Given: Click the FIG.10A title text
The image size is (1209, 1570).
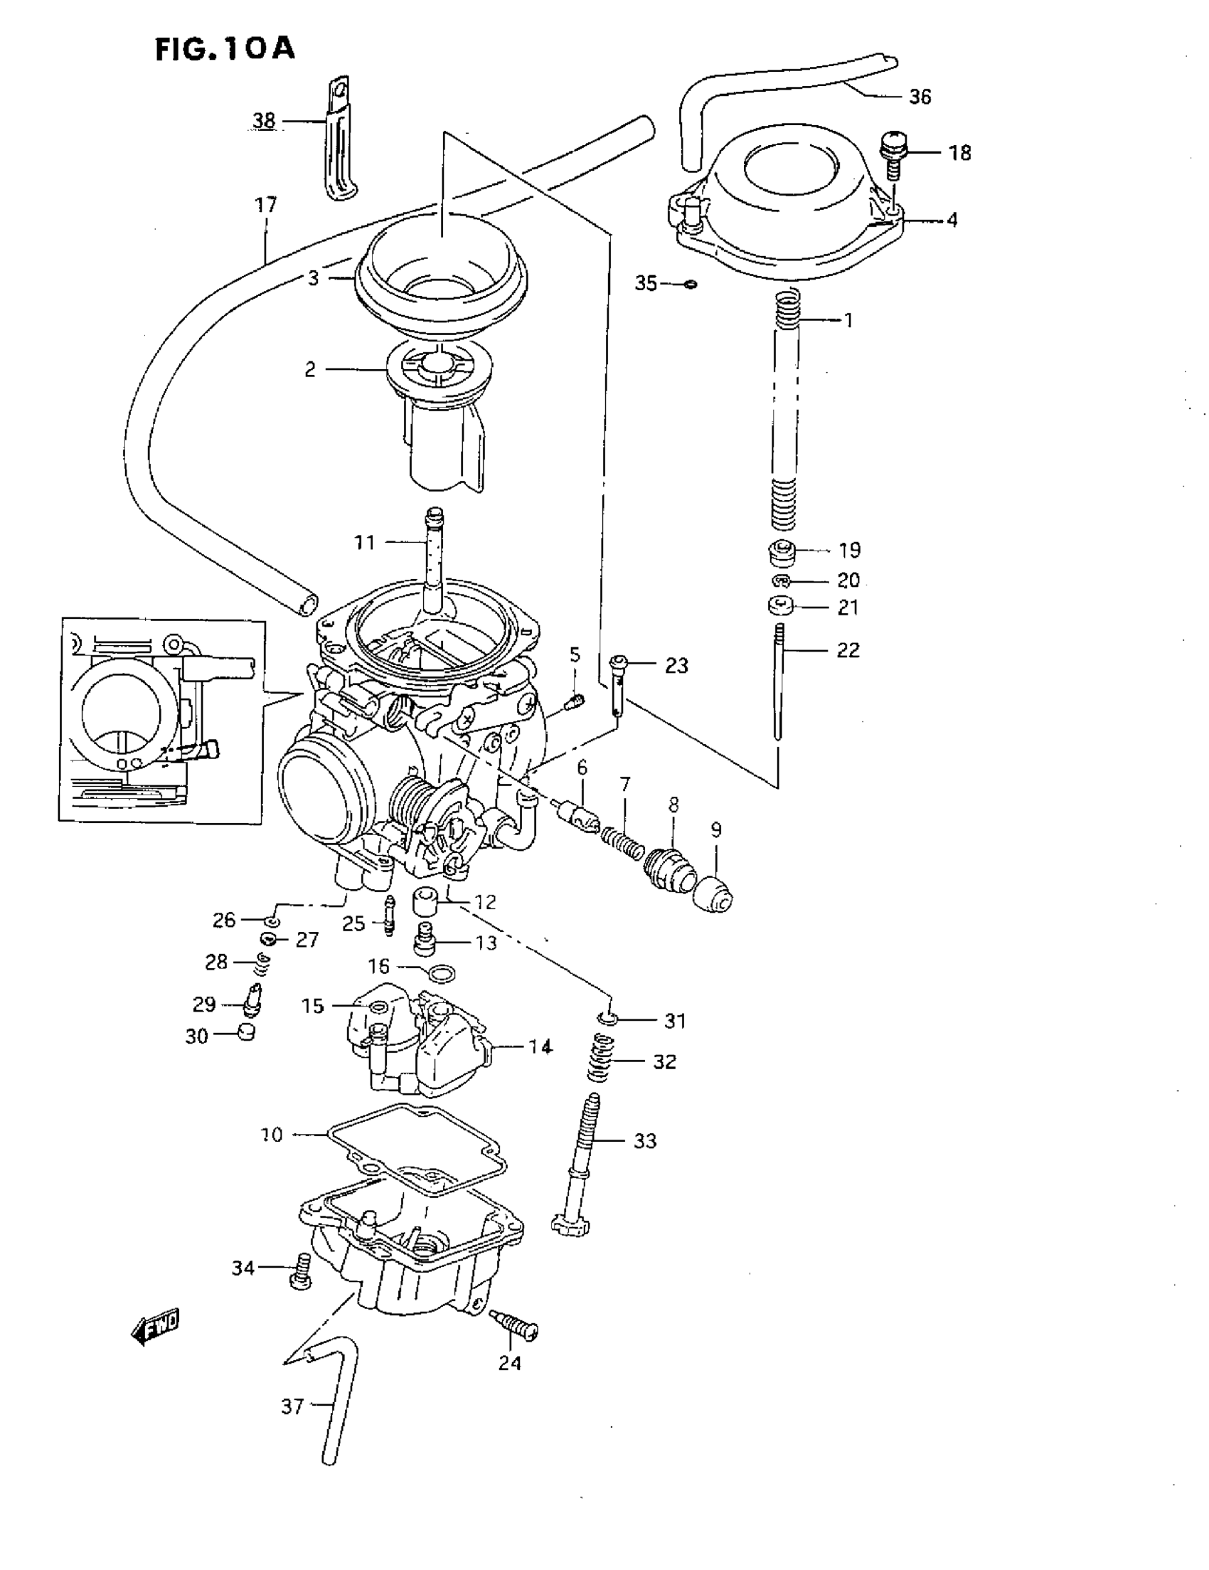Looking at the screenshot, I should (225, 49).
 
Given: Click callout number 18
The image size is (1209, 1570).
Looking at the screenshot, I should (959, 153).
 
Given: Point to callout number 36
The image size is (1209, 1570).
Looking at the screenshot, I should (920, 97).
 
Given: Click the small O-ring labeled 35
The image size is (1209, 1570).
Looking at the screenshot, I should (691, 284).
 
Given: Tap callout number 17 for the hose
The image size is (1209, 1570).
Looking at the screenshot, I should (266, 206).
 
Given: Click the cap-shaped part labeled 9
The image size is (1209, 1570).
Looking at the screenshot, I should (713, 893).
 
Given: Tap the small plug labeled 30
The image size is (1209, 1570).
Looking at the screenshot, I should (246, 1033).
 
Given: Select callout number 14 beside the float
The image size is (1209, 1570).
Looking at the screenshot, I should (540, 1046).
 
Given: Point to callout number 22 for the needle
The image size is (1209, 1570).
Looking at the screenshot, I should (848, 650).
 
